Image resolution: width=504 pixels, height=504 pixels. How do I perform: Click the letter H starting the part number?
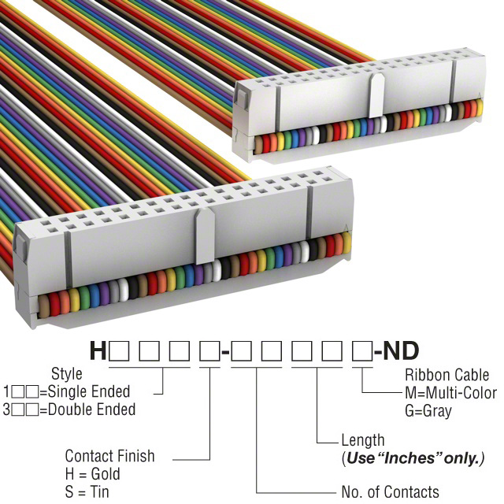(98, 350)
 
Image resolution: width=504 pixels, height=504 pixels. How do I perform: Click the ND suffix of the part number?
(402, 350)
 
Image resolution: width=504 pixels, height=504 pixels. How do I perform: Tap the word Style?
(67, 373)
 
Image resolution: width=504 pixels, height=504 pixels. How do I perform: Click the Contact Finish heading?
(109, 456)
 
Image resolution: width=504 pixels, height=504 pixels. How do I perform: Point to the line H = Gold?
(92, 474)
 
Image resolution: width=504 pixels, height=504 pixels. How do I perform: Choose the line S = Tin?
(87, 492)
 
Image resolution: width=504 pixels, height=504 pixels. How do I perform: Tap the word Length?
(363, 440)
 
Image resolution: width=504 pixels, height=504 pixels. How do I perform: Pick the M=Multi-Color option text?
(450, 392)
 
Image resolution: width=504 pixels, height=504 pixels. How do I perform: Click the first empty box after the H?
(120, 351)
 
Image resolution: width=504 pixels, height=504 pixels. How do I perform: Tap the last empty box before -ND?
(361, 351)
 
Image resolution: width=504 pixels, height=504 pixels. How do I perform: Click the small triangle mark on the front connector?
(345, 230)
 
